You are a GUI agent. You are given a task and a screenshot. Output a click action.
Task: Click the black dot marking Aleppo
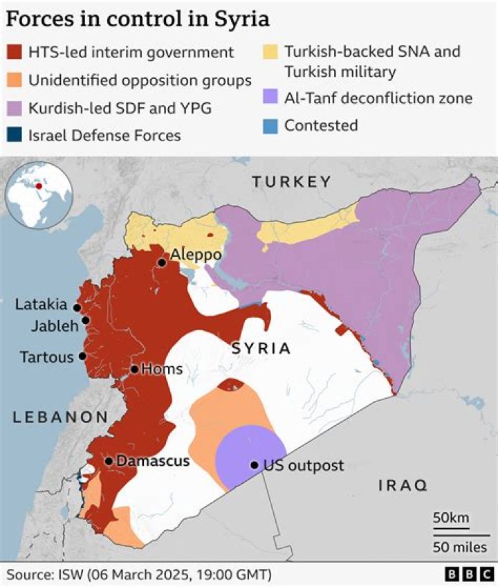[162, 262]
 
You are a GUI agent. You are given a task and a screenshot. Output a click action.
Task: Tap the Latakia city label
[42, 305]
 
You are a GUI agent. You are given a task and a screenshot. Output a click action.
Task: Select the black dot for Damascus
[109, 461]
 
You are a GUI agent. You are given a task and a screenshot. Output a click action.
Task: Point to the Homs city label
[161, 370]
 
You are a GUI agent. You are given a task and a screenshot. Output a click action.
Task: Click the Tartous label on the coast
[46, 357]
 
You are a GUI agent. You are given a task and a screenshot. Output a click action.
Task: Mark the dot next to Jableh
[86, 320]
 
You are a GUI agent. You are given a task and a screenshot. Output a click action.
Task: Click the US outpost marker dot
[255, 465]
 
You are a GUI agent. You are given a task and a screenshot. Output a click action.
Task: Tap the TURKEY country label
[291, 182]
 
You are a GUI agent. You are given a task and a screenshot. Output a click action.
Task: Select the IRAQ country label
[403, 485]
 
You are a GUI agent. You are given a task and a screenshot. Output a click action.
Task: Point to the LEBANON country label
[59, 417]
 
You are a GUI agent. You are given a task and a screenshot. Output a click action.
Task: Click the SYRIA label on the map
[261, 348]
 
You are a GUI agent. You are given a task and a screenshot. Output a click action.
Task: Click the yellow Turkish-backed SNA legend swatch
[270, 52]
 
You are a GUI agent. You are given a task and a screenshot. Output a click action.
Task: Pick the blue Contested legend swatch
[270, 125]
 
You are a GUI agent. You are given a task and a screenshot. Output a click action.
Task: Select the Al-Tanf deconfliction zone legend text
[378, 98]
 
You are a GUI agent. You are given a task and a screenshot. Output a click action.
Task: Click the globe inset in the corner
[39, 195]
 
